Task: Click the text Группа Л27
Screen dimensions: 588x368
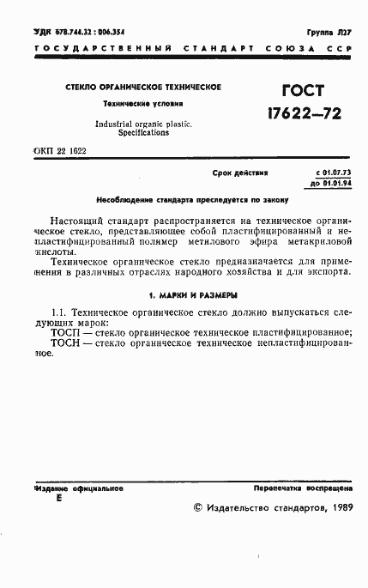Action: click(x=329, y=31)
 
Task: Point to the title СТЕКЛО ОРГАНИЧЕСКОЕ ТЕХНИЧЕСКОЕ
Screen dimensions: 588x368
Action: click(x=143, y=88)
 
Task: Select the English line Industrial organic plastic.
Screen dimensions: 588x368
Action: click(x=143, y=124)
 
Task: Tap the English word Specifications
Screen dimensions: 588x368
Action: click(x=143, y=134)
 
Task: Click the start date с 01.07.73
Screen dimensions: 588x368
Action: click(x=334, y=173)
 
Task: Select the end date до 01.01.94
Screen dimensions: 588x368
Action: click(x=331, y=182)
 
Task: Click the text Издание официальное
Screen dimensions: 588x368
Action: click(x=80, y=487)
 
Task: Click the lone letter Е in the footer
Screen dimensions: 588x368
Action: click(x=58, y=499)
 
